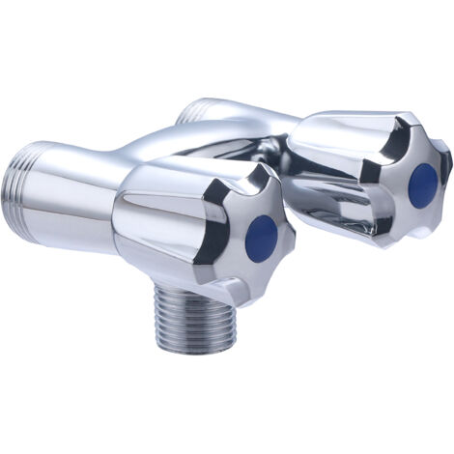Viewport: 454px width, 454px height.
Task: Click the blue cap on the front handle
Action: [262, 232]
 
